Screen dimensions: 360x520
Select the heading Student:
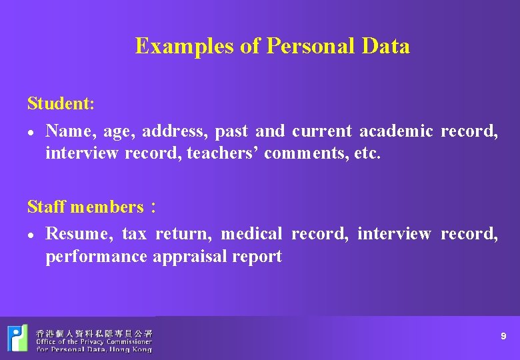[x=61, y=104]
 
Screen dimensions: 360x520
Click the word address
[x=173, y=131]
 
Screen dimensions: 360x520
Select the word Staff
[x=46, y=207]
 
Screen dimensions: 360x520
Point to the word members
[x=107, y=207]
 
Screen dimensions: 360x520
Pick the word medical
[x=252, y=234]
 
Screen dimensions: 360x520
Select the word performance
[x=96, y=257]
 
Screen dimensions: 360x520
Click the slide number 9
[x=503, y=337]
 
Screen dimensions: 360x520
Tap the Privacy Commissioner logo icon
[x=17, y=338]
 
